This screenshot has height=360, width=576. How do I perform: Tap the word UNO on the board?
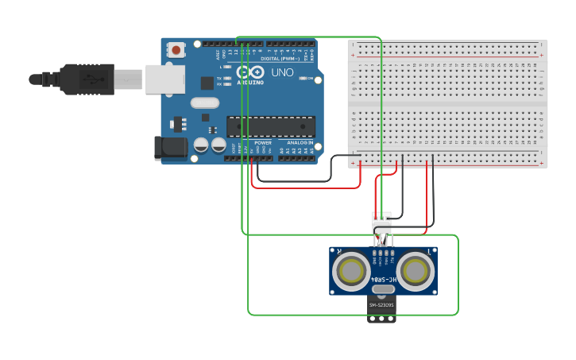282,72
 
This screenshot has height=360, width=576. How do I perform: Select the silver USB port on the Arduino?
165,79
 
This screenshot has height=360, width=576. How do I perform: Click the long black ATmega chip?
270,126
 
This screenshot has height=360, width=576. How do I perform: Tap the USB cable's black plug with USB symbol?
87,79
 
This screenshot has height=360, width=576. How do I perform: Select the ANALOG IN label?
300,142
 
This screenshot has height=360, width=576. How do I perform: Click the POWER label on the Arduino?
262,142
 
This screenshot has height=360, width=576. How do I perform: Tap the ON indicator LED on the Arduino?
229,68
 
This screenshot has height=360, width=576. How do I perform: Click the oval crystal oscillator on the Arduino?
204,103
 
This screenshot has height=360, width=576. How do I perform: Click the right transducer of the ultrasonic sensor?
416,272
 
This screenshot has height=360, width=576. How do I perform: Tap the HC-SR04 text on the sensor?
383,279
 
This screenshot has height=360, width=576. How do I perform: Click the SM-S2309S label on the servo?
382,305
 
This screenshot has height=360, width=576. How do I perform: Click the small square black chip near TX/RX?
207,83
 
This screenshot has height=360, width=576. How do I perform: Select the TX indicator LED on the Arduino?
229,78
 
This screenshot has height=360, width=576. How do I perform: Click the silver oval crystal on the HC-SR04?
383,289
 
